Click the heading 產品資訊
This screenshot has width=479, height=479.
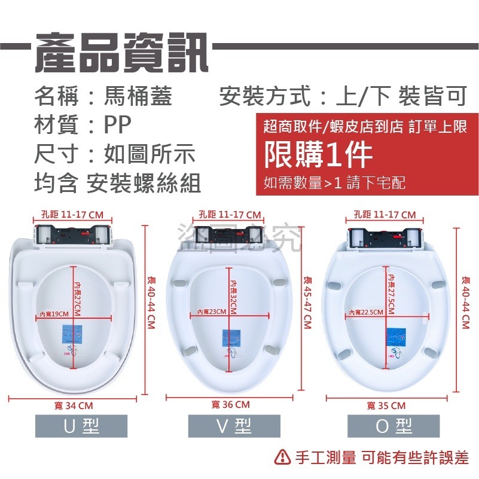[121, 51]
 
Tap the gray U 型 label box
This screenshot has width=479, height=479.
[81, 426]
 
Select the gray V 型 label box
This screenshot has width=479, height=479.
[234, 426]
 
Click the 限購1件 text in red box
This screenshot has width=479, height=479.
[319, 155]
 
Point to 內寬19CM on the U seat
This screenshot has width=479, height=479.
[53, 314]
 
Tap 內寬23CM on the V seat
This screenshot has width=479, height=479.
[212, 311]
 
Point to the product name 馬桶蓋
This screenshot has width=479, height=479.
[138, 96]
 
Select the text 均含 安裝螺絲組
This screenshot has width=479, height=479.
[117, 184]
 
